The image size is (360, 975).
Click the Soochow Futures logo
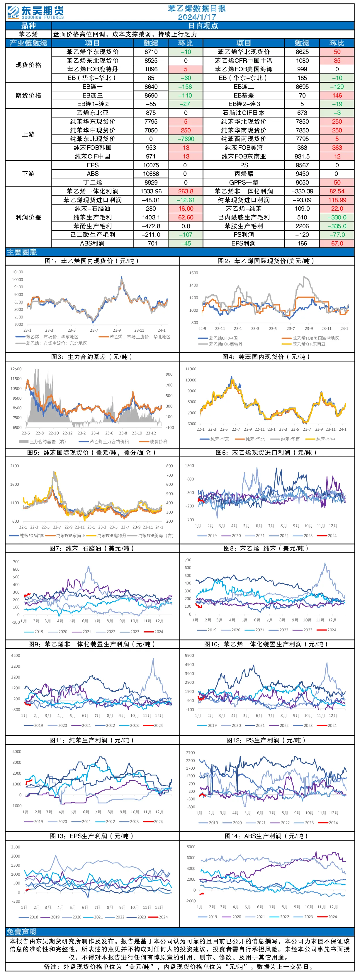point(35,13)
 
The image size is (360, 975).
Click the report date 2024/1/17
point(197,17)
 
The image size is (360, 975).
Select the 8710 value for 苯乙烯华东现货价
point(151,52)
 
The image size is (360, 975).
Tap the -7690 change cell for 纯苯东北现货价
point(186,139)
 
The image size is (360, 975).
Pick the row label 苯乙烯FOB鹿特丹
point(92,69)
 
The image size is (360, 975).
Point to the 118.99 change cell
point(337,200)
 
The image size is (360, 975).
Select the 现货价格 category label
point(28,65)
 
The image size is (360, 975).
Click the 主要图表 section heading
point(22,252)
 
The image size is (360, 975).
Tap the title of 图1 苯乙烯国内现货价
point(92,261)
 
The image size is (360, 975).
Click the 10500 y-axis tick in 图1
point(17,272)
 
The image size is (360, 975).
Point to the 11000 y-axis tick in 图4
point(191,369)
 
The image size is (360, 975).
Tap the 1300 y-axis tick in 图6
point(189,466)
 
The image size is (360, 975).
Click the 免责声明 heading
point(22,932)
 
